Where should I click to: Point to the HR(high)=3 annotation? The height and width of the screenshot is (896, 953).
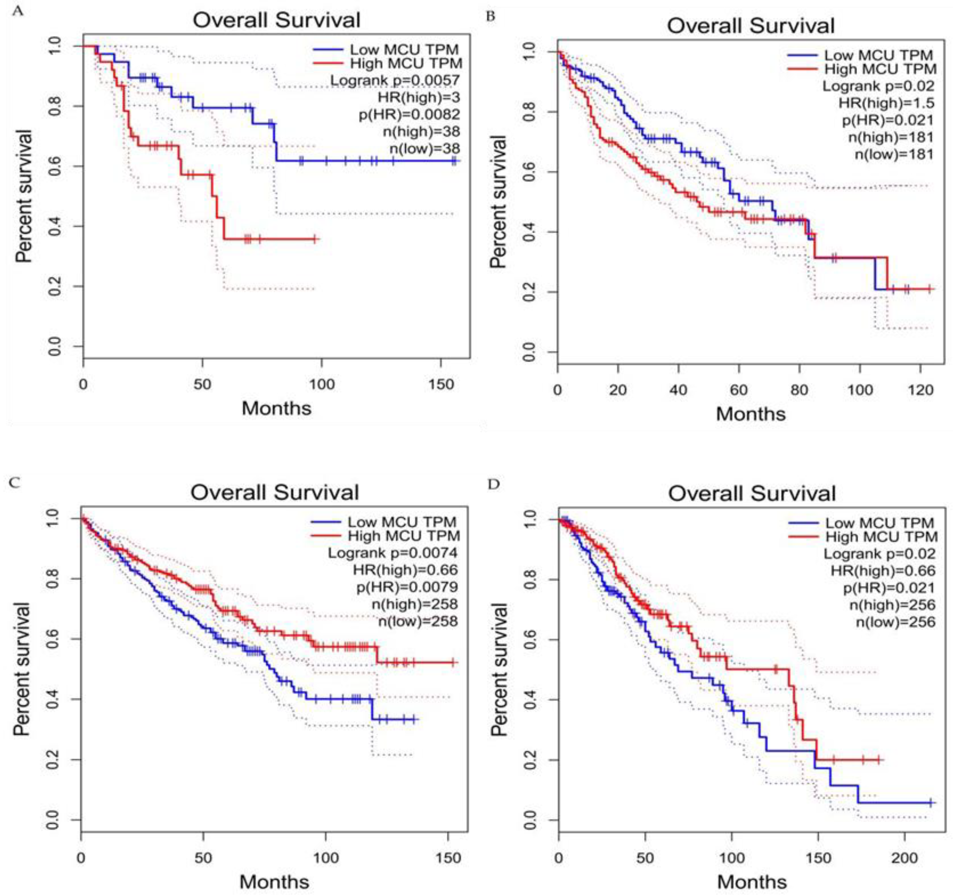418,97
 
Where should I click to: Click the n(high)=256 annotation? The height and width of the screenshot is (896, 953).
892,605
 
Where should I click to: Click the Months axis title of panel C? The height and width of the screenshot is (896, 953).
274,882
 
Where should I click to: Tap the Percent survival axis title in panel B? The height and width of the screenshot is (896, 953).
498,201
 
